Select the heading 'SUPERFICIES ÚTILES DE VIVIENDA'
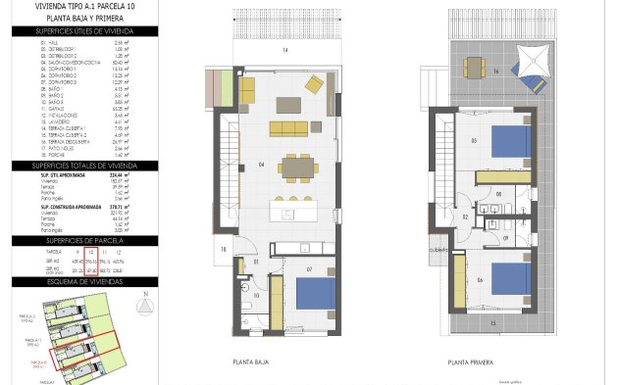(83, 31)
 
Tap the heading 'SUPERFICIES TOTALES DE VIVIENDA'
(83, 167)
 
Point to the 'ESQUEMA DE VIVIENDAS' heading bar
(83, 280)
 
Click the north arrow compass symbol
(144, 306)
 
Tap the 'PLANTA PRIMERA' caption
(470, 361)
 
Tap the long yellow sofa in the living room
(287, 129)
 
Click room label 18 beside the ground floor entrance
(224, 250)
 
